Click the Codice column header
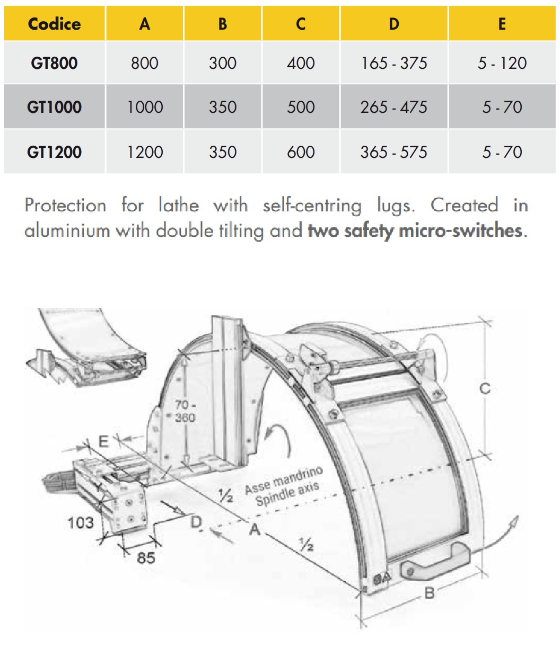[55, 24]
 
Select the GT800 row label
[54, 63]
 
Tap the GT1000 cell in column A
[145, 107]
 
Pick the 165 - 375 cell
[394, 63]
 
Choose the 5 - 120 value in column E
[502, 63]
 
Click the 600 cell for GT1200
[301, 152]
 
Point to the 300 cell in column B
[223, 63]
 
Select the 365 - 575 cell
[394, 152]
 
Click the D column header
[394, 24]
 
